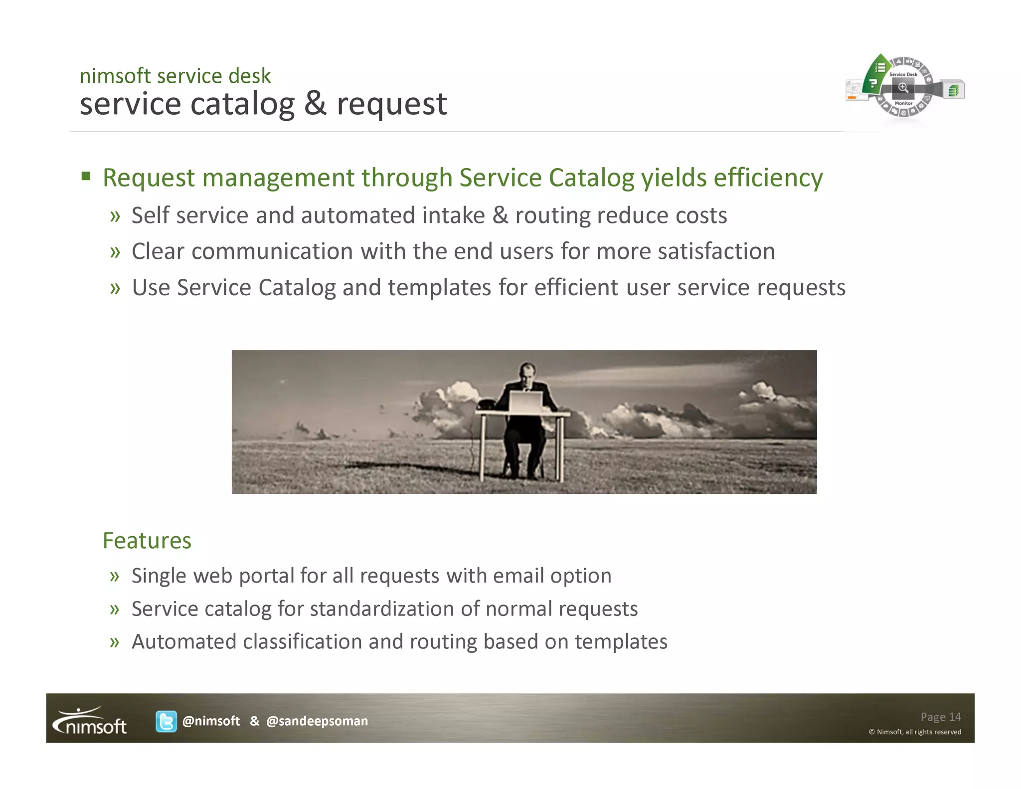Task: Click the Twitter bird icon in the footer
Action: point(166,721)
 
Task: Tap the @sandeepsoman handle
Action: point(317,721)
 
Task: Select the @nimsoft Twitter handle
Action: point(211,721)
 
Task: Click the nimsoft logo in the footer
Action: point(90,721)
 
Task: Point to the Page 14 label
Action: point(940,717)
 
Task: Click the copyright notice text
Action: point(915,732)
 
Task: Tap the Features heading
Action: point(147,541)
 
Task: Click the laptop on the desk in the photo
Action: point(525,401)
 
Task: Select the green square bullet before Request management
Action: point(86,177)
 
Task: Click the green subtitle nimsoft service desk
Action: point(175,76)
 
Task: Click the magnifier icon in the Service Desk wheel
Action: point(903,88)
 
